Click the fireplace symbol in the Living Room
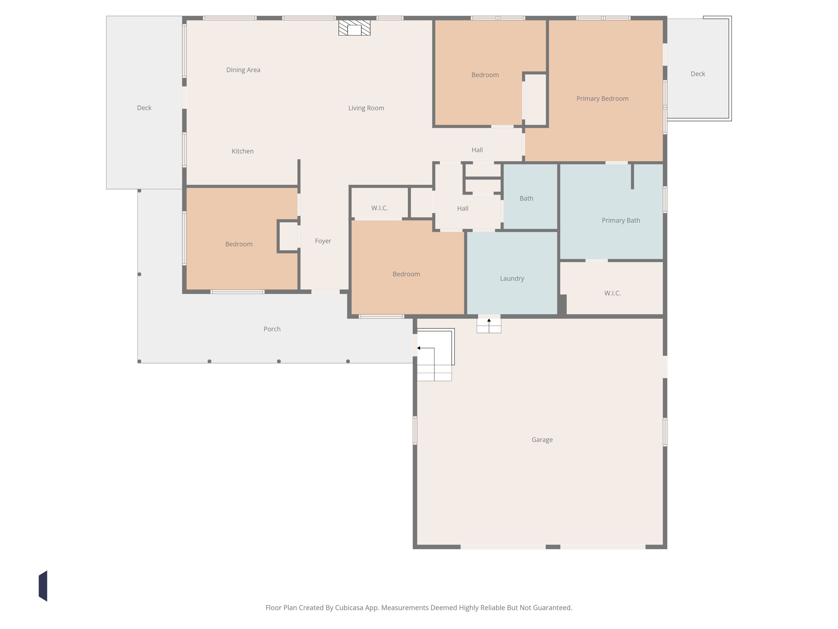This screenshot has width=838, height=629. (354, 28)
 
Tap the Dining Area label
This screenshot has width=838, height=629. (243, 70)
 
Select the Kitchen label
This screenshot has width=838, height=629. (242, 151)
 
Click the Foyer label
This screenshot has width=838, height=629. (323, 241)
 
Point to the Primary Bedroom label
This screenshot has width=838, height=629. (602, 99)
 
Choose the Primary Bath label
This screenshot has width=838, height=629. (621, 220)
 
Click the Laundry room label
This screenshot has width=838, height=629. (512, 279)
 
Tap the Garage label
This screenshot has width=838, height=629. (542, 440)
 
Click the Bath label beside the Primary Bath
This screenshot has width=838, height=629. (526, 198)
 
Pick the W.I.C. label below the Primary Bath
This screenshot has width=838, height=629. (612, 293)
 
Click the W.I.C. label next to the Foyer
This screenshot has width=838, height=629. (379, 208)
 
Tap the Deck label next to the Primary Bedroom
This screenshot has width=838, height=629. (698, 74)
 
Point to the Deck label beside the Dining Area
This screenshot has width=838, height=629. (144, 108)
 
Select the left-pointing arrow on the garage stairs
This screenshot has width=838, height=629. (426, 348)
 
